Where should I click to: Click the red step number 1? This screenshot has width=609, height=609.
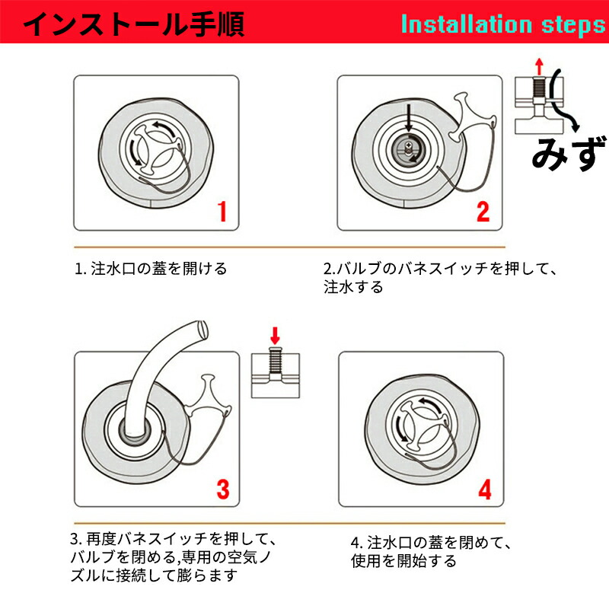[x=222, y=212]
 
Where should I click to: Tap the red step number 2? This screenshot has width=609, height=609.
[x=483, y=212]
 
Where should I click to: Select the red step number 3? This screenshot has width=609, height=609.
[x=223, y=489]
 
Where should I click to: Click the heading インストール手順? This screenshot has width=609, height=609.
[x=134, y=24]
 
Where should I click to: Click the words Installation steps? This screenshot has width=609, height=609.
[x=503, y=24]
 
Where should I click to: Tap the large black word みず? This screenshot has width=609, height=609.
[x=569, y=154]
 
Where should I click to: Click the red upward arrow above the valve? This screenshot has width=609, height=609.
[x=539, y=66]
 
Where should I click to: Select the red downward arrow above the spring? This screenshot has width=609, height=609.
[x=275, y=336]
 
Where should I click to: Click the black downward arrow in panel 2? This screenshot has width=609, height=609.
[x=408, y=117]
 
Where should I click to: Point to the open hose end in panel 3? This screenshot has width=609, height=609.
[x=202, y=330]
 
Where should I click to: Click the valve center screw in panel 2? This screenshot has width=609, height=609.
[x=407, y=147]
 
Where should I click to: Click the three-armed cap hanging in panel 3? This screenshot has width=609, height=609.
[x=208, y=398]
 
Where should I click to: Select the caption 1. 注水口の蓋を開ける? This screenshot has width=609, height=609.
[x=151, y=269]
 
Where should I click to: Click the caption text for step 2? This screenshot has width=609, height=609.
[x=440, y=278]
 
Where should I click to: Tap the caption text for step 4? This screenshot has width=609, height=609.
[x=431, y=551]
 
